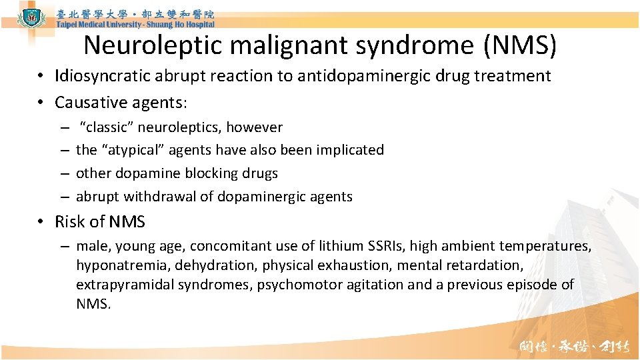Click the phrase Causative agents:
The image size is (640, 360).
(121, 103)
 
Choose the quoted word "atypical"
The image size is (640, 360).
(133, 150)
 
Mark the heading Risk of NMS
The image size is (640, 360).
(100, 222)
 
